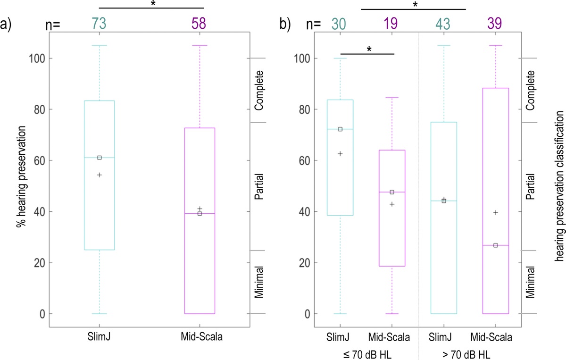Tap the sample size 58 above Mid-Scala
tap(200, 24)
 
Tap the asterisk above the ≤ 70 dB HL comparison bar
tap(369, 49)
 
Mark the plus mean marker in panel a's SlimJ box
tap(100, 175)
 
